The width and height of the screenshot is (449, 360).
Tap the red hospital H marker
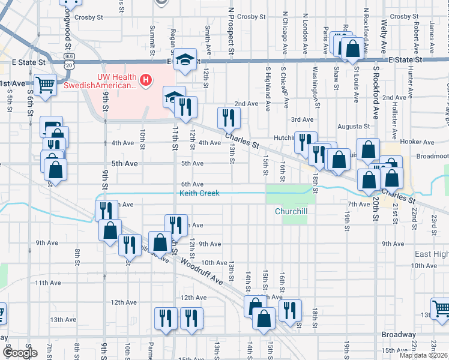click(145, 79)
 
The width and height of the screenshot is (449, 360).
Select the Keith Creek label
click(199, 193)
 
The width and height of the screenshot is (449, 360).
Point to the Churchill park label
click(291, 211)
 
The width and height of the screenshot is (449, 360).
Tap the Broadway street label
click(399, 334)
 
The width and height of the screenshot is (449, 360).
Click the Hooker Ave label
click(420, 142)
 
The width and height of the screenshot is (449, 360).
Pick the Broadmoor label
click(432, 155)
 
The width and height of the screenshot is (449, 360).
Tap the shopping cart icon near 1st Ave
click(46, 85)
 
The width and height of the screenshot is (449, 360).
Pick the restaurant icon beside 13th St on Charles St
click(228, 117)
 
